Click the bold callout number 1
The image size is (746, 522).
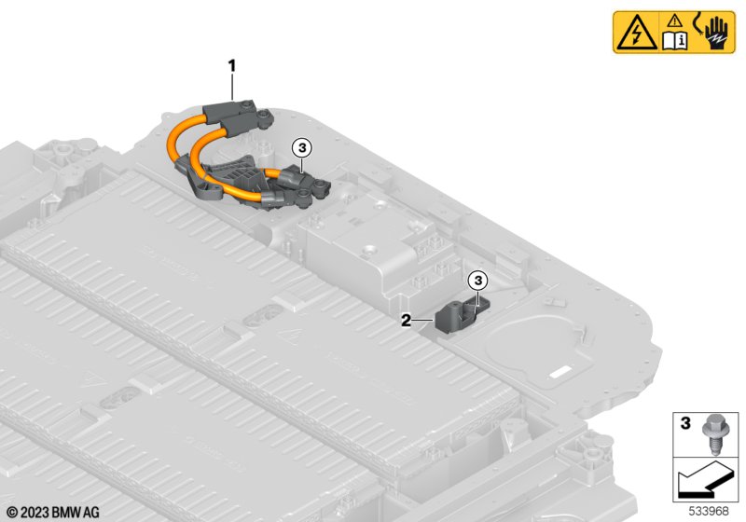coord(232,66)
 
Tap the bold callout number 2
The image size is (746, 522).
coord(406,321)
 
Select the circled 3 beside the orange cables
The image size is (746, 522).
coord(302,148)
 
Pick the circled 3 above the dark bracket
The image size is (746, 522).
coord(477,281)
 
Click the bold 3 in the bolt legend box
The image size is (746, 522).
coord(685,422)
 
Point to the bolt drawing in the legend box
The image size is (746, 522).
coord(712,433)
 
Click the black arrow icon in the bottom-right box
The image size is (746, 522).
coord(705,479)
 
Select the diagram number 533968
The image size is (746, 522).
coord(709,511)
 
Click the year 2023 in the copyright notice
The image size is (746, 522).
coord(35,513)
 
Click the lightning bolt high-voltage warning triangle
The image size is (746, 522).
coord(636,34)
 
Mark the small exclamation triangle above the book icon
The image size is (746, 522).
coord(674,21)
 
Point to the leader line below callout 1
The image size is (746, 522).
coord(232,87)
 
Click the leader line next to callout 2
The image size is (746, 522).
coord(422,321)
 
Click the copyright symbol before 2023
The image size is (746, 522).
coord(12,513)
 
